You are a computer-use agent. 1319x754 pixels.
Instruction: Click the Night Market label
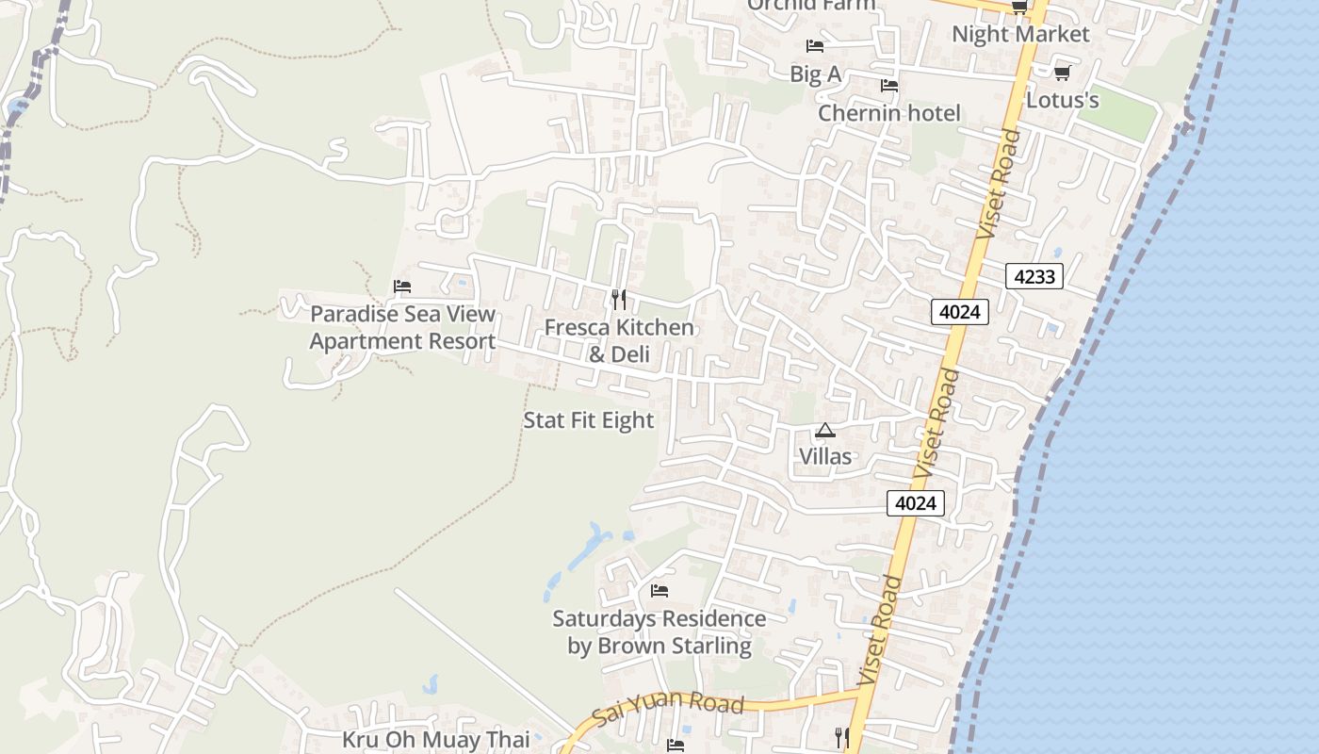1020,35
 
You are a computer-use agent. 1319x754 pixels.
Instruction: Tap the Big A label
815,74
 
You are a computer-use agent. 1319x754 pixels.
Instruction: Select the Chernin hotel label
888,114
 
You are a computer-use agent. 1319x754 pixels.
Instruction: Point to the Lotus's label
1062,100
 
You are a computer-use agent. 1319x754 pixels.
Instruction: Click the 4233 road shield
1034,276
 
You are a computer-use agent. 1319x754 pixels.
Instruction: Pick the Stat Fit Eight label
588,420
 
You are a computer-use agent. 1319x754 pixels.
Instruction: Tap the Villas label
825,457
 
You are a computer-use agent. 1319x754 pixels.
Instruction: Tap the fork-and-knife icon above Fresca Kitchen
618,300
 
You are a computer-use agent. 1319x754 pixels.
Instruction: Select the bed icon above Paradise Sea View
402,287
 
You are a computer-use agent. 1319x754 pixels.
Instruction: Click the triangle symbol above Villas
825,431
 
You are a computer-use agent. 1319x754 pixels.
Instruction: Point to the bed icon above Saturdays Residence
659,591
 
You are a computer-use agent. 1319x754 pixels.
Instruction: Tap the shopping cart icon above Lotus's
1062,73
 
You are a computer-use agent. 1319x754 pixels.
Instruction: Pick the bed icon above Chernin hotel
888,86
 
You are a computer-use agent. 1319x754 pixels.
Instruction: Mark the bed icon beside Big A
815,45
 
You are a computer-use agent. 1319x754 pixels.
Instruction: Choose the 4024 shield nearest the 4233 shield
959,312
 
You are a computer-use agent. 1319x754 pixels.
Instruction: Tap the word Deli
631,355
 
